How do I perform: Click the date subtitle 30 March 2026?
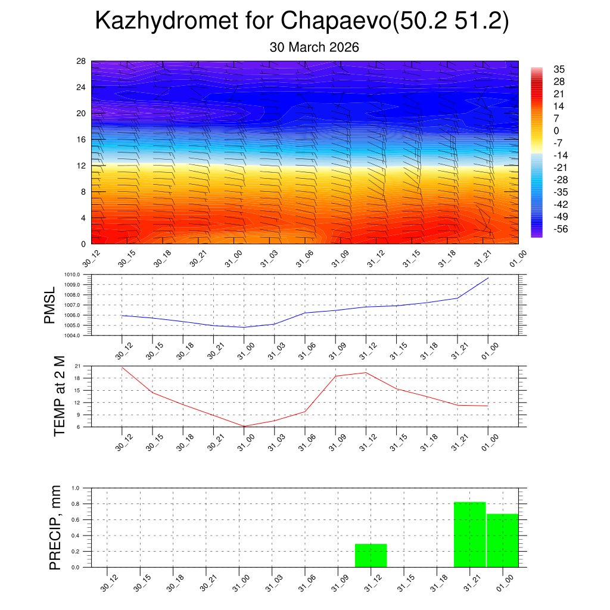click(314, 47)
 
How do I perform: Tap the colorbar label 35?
click(559, 69)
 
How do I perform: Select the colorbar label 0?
click(556, 130)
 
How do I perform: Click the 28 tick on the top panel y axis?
click(81, 61)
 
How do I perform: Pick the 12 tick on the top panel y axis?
click(81, 166)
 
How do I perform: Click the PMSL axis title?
click(50, 305)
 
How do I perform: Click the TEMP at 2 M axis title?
click(59, 396)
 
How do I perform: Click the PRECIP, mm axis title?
click(55, 528)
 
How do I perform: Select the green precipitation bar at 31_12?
click(371, 556)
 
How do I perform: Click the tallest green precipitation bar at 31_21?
click(469, 534)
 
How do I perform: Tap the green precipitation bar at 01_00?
click(502, 540)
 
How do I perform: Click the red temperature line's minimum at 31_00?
click(244, 426)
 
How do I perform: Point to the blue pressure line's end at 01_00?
click(488, 278)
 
